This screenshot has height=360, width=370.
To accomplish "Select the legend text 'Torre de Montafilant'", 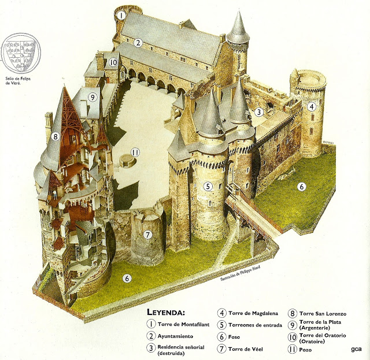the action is (x=183, y=325).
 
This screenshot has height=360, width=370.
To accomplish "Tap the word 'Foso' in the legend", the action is (x=238, y=336).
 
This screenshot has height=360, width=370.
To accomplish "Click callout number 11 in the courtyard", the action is (x=136, y=153).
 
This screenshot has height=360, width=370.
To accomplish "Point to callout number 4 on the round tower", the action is (x=312, y=106).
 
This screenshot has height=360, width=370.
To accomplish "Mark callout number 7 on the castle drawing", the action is (x=147, y=235).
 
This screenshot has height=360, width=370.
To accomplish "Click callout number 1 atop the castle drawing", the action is (x=122, y=16).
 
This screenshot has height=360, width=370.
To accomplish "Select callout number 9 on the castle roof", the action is (x=92, y=97).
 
